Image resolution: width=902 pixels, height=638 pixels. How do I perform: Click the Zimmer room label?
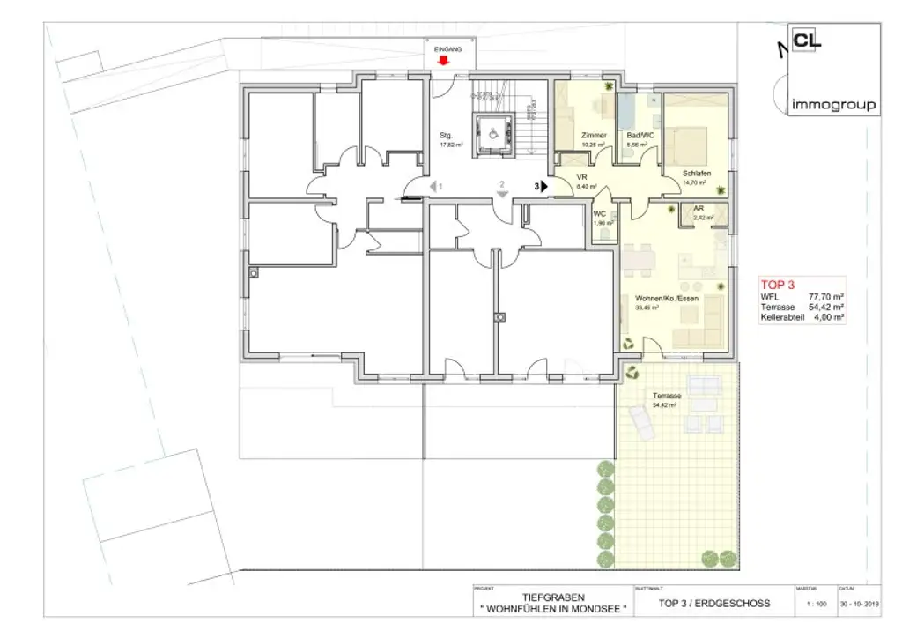(594, 135)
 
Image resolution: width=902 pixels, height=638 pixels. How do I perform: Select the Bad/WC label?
(637, 135)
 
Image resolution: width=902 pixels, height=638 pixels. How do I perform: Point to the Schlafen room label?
(696, 174)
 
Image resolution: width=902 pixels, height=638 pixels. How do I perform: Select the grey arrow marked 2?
(501, 195)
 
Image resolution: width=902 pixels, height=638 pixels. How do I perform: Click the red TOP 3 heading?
(777, 285)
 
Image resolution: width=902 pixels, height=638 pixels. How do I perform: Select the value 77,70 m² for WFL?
(826, 298)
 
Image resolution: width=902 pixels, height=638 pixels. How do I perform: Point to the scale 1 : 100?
(816, 604)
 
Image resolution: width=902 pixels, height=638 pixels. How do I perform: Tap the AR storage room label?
(699, 208)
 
